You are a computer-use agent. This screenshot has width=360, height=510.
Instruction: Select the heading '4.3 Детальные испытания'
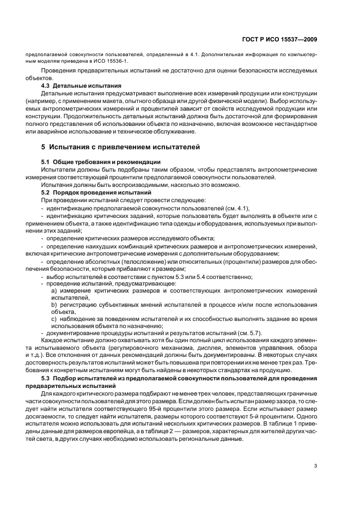[x=81, y=86]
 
